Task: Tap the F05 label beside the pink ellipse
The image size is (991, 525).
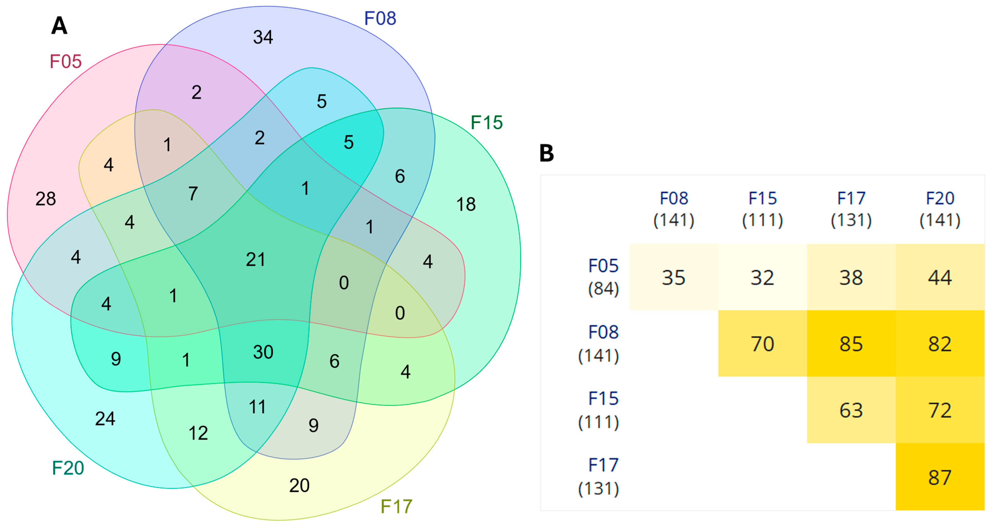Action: [66, 62]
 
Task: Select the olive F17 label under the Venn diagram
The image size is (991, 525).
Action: [396, 507]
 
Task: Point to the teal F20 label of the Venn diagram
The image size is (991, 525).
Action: [68, 468]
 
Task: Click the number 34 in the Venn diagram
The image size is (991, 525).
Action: [263, 37]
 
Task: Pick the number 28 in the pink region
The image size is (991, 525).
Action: [46, 199]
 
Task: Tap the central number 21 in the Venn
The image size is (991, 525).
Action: [256, 259]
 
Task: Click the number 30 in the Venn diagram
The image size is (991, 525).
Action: [263, 352]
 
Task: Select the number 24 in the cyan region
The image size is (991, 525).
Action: [105, 419]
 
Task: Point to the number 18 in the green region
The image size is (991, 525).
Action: [466, 204]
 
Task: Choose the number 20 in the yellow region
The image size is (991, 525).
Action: [299, 485]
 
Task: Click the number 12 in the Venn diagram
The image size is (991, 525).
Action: [198, 433]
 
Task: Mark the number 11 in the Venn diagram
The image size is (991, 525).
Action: [257, 407]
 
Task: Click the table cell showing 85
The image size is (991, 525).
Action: [851, 344]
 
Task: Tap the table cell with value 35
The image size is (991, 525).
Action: [674, 278]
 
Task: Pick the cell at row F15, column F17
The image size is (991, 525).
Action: [851, 410]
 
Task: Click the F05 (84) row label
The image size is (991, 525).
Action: [603, 277]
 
